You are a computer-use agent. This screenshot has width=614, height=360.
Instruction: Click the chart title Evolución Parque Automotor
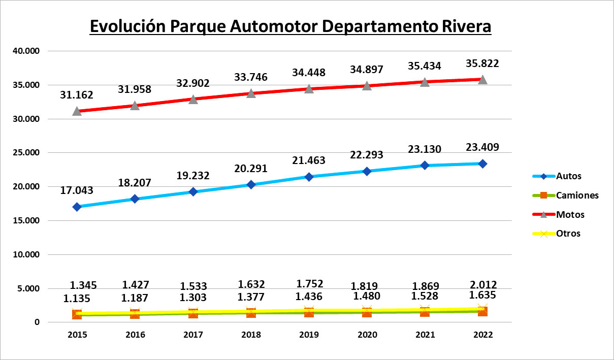290,26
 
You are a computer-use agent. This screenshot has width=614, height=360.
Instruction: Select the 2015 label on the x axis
77,335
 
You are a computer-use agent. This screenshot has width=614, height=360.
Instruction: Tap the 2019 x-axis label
309,335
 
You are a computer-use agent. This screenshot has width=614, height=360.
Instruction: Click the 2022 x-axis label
482,335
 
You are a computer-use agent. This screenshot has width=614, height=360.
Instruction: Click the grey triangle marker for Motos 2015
77,111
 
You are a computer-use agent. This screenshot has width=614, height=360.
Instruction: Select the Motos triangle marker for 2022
482,79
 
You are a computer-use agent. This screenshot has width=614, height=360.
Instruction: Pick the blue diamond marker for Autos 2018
251,185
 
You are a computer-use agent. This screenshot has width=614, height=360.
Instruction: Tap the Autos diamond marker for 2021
425,166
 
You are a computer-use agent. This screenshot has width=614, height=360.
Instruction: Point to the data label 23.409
482,148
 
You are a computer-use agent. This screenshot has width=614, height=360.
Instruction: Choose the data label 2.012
482,284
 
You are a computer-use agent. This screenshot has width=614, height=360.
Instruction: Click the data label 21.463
309,160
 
